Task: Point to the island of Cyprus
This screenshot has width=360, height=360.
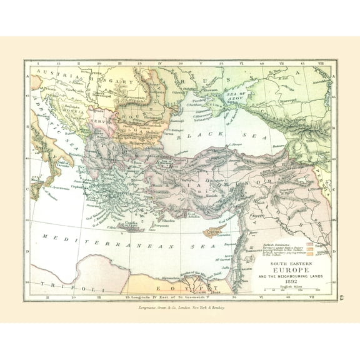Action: click(x=213, y=232)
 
